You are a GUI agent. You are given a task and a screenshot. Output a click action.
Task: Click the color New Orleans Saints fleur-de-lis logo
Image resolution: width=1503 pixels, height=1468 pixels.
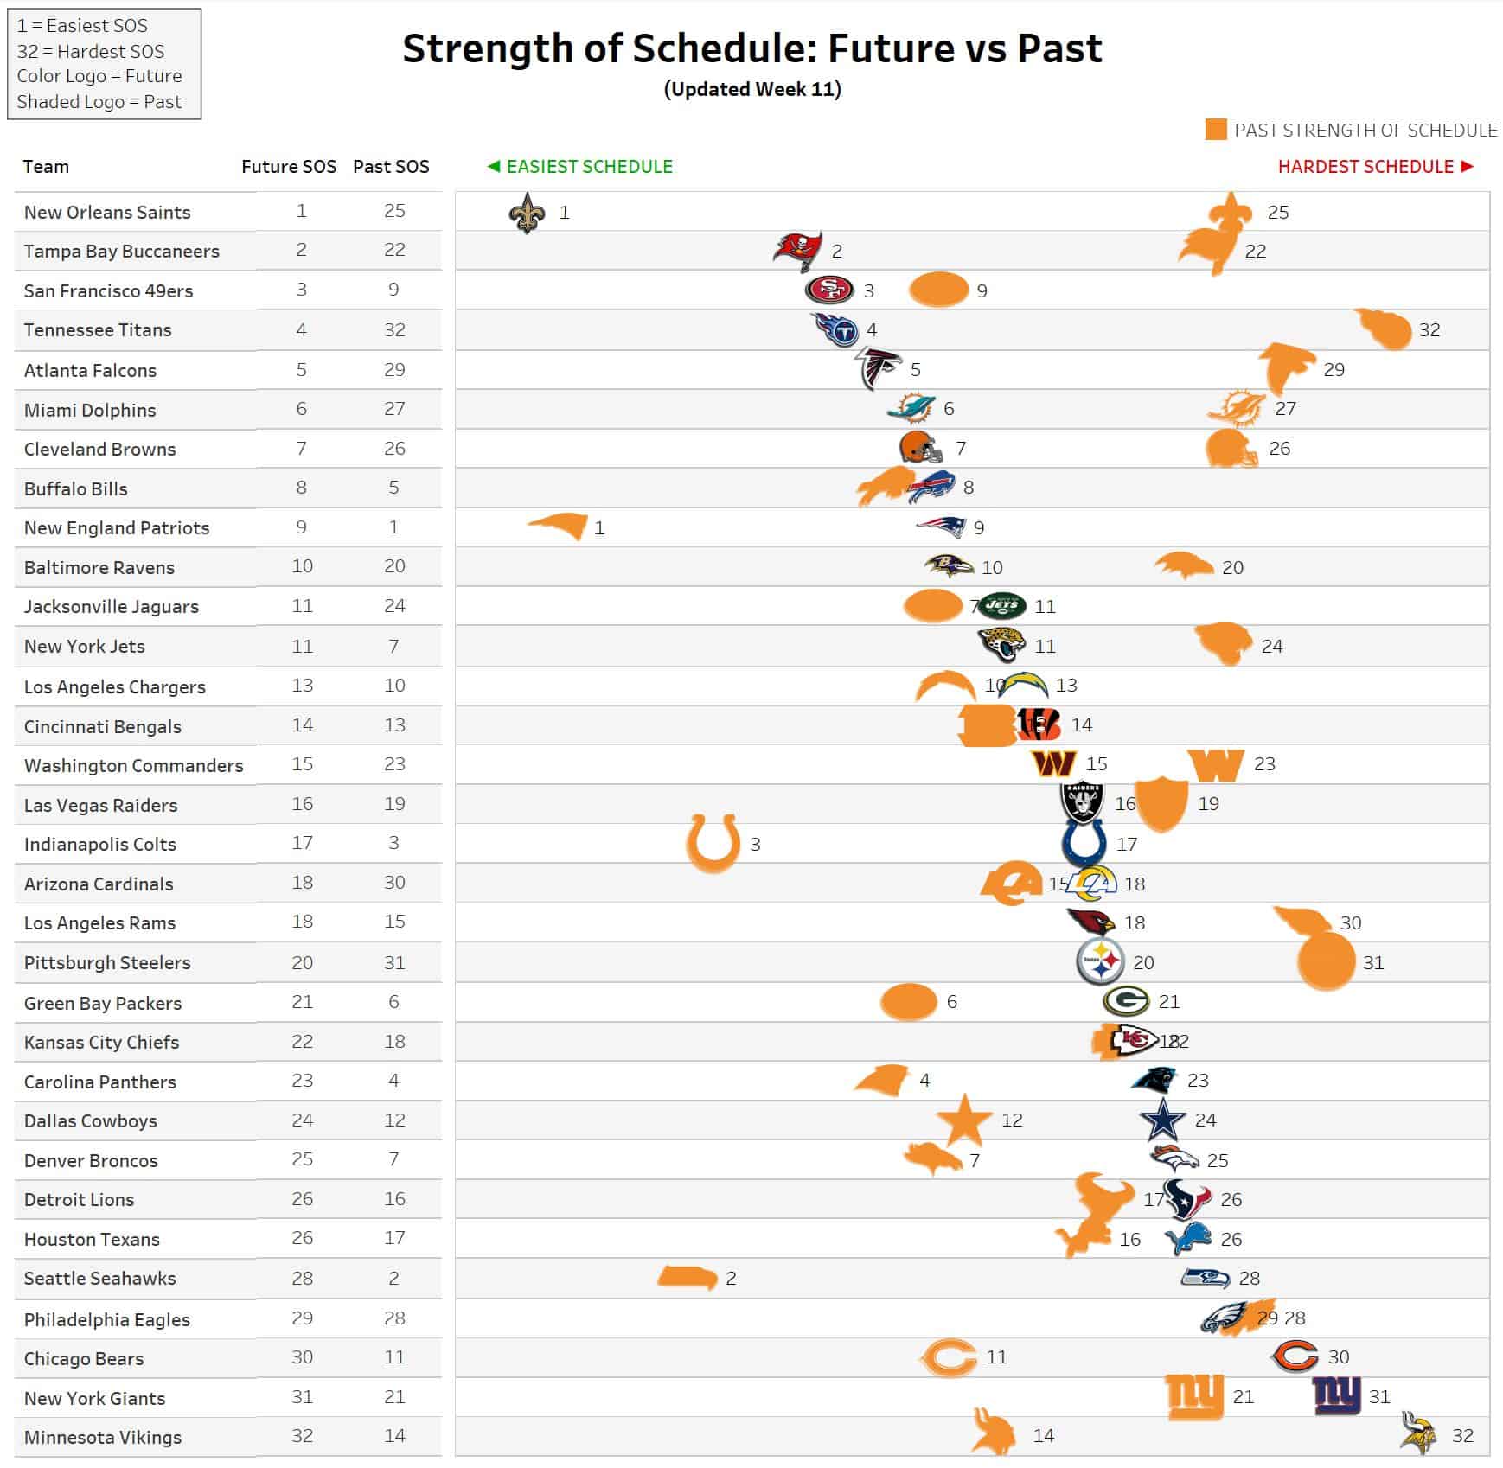pyautogui.click(x=527, y=213)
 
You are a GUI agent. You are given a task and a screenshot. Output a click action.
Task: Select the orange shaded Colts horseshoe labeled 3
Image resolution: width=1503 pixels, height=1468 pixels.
pyautogui.click(x=713, y=843)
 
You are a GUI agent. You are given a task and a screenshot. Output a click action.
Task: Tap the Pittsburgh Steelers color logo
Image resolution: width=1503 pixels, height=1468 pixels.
pyautogui.click(x=1100, y=961)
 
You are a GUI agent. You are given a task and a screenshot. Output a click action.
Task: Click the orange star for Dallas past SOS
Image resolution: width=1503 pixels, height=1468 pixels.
pyautogui.click(x=964, y=1120)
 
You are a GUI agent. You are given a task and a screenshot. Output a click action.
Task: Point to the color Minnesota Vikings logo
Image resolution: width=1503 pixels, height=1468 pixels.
pyautogui.click(x=1419, y=1434)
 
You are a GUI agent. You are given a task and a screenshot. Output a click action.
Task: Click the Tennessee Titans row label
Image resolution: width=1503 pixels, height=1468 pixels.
pyautogui.click(x=98, y=330)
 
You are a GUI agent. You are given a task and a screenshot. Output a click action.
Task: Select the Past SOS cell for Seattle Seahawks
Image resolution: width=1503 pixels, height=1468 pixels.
pyautogui.click(x=393, y=1278)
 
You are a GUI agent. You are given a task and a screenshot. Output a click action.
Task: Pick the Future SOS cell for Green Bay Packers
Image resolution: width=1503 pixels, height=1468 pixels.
pyautogui.click(x=302, y=1002)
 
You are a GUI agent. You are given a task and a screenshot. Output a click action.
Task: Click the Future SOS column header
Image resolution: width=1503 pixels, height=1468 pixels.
pyautogui.click(x=288, y=167)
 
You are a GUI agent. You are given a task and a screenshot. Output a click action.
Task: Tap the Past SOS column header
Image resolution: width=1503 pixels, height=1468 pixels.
pyautogui.click(x=391, y=167)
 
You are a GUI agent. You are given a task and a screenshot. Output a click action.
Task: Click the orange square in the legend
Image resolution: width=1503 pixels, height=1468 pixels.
pyautogui.click(x=1216, y=130)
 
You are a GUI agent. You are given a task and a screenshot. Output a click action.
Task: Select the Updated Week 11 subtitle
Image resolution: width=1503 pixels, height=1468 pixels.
pyautogui.click(x=752, y=89)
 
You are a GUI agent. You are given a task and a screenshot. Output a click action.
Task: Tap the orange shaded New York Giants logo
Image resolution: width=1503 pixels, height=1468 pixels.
pyautogui.click(x=1194, y=1397)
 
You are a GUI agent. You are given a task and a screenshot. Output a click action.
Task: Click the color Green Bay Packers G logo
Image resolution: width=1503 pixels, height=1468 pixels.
pyautogui.click(x=1125, y=1001)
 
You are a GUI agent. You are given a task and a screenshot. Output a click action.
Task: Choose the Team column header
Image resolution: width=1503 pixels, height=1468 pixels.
pyautogui.click(x=46, y=167)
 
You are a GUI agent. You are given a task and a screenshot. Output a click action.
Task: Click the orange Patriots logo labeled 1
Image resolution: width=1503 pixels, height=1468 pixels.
pyautogui.click(x=559, y=527)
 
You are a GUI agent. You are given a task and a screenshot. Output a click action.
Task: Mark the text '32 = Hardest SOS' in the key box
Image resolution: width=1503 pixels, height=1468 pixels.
pyautogui.click(x=91, y=51)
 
